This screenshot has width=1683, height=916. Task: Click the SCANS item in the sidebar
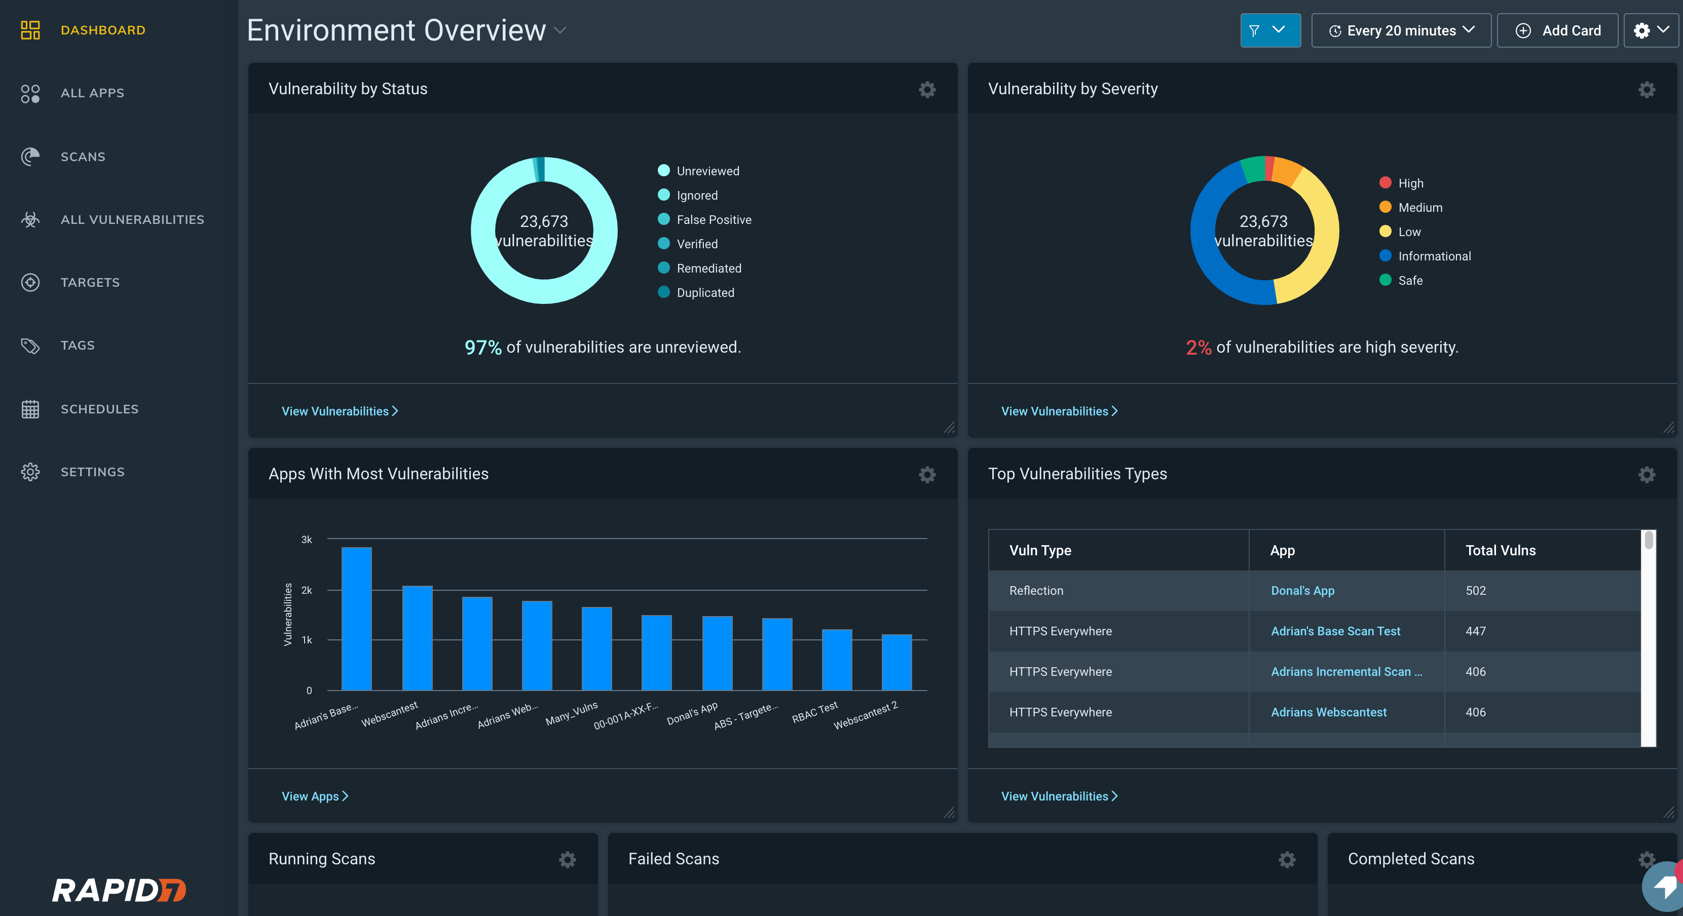click(82, 157)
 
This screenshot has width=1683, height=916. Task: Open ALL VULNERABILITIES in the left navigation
click(132, 219)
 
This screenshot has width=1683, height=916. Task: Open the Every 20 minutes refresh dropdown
click(1401, 31)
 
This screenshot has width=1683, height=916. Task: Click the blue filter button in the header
click(1269, 31)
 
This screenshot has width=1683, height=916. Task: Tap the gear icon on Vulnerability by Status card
click(926, 90)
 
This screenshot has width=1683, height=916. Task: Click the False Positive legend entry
click(714, 219)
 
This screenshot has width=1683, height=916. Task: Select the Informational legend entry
click(1434, 256)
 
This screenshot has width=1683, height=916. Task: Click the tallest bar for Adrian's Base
click(357, 618)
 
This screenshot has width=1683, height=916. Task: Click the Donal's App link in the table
click(1302, 591)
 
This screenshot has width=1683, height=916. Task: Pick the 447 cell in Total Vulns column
click(1475, 631)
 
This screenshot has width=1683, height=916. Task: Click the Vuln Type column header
click(1040, 550)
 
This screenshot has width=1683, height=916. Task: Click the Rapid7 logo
click(119, 890)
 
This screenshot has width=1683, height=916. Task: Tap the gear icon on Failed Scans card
click(1286, 860)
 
